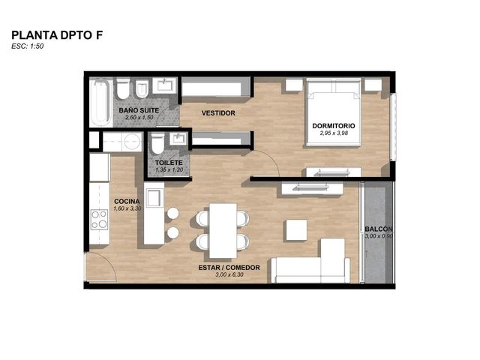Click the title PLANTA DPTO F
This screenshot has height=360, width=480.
[x=57, y=35]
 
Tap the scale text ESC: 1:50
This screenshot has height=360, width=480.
[x=28, y=46]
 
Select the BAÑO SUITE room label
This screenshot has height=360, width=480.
[x=139, y=110]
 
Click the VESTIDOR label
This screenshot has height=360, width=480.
[x=218, y=113]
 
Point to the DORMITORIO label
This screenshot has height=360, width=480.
[x=334, y=126]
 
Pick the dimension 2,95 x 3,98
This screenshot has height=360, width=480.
[x=334, y=133]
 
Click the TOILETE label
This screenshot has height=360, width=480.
[x=169, y=163]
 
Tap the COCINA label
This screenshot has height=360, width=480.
[x=127, y=202]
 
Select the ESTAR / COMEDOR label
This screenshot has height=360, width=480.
[x=229, y=268]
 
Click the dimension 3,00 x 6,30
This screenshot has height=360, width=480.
[x=229, y=275]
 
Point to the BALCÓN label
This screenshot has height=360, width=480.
[x=379, y=229]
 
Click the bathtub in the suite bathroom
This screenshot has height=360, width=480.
[x=100, y=102]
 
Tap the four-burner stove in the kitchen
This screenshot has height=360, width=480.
[x=99, y=220]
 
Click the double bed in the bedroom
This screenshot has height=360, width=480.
[x=333, y=112]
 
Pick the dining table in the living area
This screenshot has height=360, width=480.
[x=223, y=231]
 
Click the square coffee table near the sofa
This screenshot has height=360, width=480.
[x=296, y=230]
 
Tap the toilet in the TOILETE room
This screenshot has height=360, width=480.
[x=157, y=143]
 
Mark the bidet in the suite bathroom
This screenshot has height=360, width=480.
[x=142, y=89]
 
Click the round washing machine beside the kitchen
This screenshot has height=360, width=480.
[x=132, y=142]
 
